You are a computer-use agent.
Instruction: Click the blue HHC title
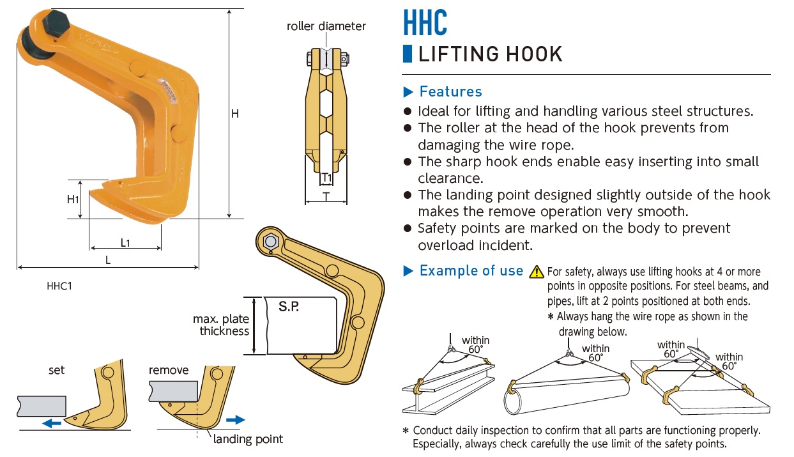click(x=425, y=22)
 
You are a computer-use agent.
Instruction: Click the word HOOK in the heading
click(x=530, y=54)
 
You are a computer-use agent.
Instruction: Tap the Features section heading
click(x=450, y=91)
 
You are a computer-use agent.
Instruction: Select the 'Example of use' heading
click(x=471, y=271)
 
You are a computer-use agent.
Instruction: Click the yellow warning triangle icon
click(x=537, y=272)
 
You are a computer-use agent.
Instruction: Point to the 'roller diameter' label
click(x=326, y=26)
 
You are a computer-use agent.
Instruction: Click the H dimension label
click(x=235, y=114)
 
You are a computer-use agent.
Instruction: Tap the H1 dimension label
click(x=73, y=199)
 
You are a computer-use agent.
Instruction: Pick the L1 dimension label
click(x=125, y=243)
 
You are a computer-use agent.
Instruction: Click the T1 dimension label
click(x=326, y=177)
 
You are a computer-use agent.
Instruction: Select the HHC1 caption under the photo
click(x=59, y=286)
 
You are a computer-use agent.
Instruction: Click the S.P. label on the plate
click(x=289, y=307)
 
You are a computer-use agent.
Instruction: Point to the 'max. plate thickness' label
click(x=221, y=325)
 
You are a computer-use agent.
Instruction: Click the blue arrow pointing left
click(x=52, y=422)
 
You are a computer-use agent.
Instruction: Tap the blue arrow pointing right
click(x=236, y=419)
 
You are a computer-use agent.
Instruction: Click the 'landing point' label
click(x=248, y=439)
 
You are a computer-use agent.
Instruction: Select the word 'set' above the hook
click(x=57, y=370)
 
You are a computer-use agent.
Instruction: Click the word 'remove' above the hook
click(x=169, y=370)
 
